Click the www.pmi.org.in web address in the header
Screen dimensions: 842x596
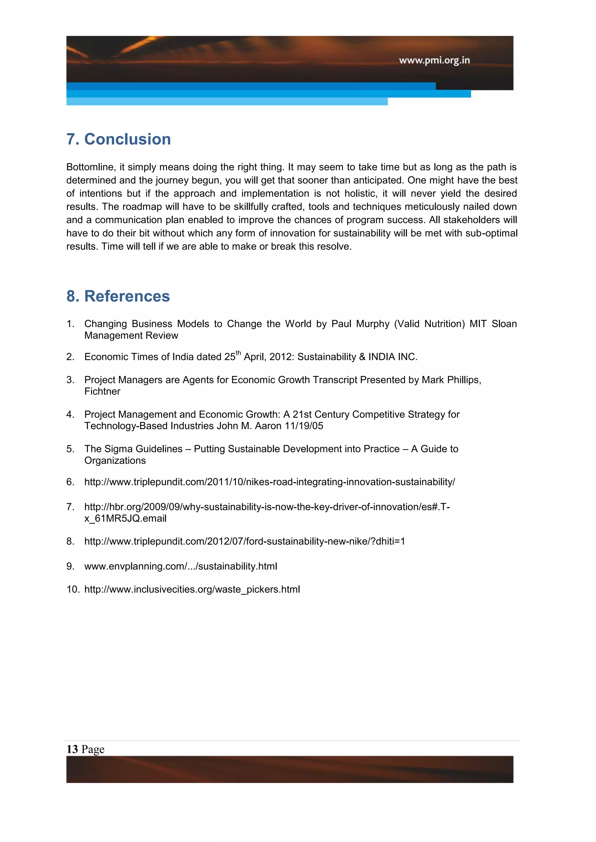[434, 60]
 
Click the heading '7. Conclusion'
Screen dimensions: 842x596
[118, 139]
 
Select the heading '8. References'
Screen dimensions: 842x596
[118, 296]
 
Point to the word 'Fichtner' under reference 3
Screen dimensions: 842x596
[102, 392]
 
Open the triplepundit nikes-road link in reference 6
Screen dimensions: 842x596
[269, 482]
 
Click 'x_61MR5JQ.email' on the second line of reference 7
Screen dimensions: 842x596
[125, 519]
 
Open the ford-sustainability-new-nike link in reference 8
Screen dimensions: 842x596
[244, 541]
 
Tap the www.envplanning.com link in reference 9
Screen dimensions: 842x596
[180, 567]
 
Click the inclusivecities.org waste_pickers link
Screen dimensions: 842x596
[192, 589]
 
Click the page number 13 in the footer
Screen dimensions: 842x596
[72, 749]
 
